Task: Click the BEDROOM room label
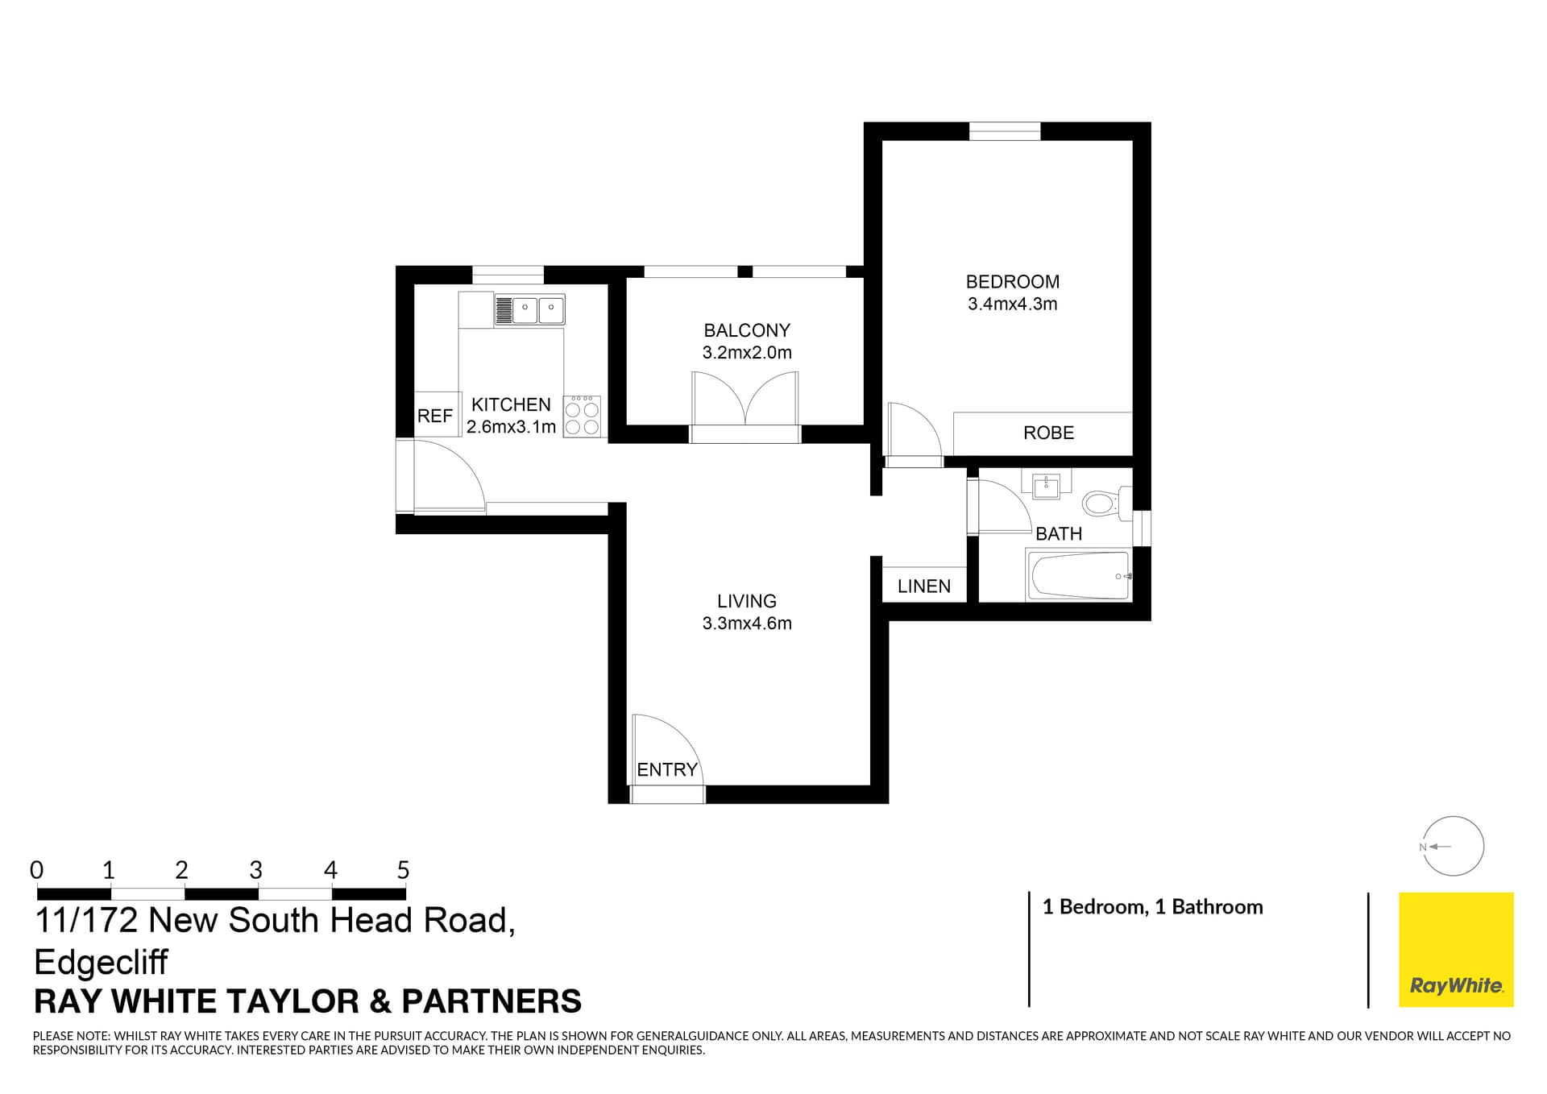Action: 1012,282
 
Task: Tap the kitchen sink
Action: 529,309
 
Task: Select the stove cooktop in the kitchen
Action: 582,416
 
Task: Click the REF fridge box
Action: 435,416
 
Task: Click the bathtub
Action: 1078,575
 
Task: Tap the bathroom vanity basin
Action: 1047,486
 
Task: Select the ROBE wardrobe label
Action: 1048,433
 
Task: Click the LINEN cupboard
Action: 924,586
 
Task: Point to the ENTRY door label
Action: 666,770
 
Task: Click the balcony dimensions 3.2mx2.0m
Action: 747,353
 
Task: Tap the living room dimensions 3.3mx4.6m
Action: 747,624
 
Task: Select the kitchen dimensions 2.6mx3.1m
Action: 511,427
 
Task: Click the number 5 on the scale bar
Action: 403,871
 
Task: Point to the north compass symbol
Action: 1453,847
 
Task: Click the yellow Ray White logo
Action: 1455,949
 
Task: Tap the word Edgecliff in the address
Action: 102,962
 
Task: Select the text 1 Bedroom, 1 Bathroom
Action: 1152,907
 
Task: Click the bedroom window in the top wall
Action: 1004,131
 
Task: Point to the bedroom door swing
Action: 913,431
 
